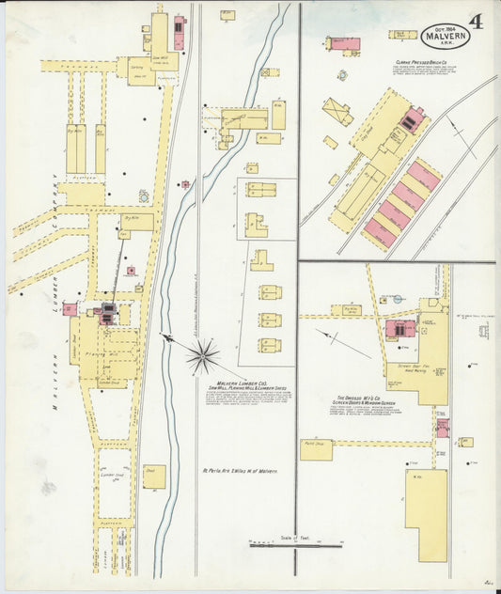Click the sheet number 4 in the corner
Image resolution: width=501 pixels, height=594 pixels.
click(477, 22)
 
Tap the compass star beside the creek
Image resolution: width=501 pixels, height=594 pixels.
click(202, 355)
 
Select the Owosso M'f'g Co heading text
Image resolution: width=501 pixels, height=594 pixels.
click(361, 399)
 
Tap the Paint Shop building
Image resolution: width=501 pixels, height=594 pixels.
click(316, 448)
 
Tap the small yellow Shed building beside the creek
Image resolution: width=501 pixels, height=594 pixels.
click(154, 476)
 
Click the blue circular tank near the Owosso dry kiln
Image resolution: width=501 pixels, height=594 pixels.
click(398, 299)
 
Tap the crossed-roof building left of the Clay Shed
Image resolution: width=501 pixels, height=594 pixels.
click(337, 111)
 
